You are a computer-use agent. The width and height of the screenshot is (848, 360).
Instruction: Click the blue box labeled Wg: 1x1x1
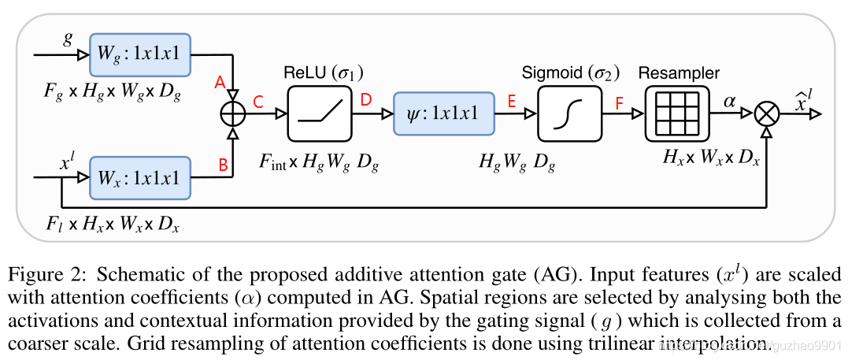point(141,55)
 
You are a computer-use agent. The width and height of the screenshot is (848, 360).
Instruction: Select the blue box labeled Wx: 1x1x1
point(141,178)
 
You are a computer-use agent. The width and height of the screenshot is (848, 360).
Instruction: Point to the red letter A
point(220,82)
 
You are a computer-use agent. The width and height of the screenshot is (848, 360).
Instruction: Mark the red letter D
point(365,101)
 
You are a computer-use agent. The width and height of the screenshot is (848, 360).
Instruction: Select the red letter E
point(512,101)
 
